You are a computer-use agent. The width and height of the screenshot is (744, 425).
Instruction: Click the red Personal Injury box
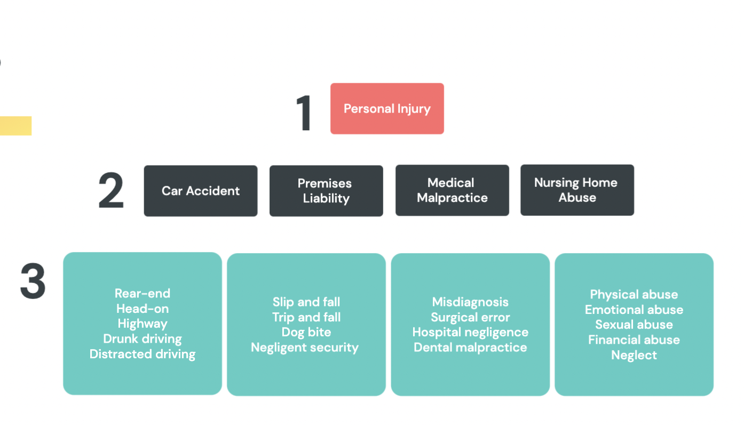(x=387, y=108)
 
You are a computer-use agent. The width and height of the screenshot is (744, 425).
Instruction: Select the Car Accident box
(x=201, y=191)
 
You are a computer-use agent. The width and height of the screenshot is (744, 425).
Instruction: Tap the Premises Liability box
(x=326, y=191)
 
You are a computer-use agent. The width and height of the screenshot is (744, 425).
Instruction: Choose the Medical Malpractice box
(x=452, y=190)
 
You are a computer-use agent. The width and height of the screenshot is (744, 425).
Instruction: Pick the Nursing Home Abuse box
(x=577, y=190)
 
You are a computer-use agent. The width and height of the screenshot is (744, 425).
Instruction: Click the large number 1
(x=304, y=113)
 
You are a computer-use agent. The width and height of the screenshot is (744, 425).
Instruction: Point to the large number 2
(x=111, y=191)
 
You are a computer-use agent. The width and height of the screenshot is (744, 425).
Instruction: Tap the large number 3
(x=33, y=281)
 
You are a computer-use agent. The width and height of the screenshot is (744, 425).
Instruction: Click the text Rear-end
(x=143, y=293)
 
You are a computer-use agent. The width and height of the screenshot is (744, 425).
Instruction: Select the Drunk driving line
(x=143, y=339)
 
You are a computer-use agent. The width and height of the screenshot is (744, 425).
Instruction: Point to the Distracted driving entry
(x=143, y=354)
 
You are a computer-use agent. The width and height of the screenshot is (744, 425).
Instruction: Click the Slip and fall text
(x=306, y=302)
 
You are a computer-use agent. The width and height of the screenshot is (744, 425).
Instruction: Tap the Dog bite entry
(x=306, y=332)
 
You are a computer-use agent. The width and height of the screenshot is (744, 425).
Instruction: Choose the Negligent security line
(x=305, y=348)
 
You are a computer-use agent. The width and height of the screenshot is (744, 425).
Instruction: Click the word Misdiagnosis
(x=470, y=302)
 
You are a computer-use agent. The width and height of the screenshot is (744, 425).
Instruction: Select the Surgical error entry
(x=470, y=317)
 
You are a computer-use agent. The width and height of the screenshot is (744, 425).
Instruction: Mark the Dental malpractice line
(x=470, y=348)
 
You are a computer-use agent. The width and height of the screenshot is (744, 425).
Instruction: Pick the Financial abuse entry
(x=634, y=340)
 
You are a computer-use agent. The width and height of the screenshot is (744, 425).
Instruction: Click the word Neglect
(x=634, y=355)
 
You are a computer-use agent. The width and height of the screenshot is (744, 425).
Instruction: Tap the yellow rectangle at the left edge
(x=15, y=125)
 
